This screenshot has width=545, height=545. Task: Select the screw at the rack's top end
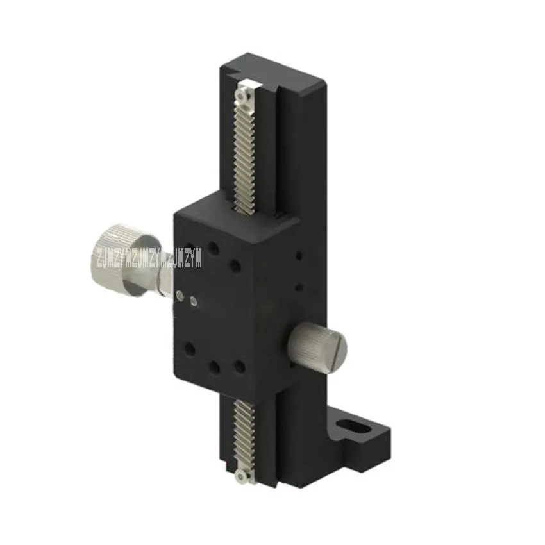tap(241, 96)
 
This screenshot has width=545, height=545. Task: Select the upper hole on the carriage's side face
tap(299, 257)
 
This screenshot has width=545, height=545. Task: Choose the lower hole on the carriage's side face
tap(299, 287)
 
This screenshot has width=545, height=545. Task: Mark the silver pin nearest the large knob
tap(180, 295)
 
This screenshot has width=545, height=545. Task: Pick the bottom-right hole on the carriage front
tap(239, 366)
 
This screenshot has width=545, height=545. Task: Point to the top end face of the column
tap(276, 72)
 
